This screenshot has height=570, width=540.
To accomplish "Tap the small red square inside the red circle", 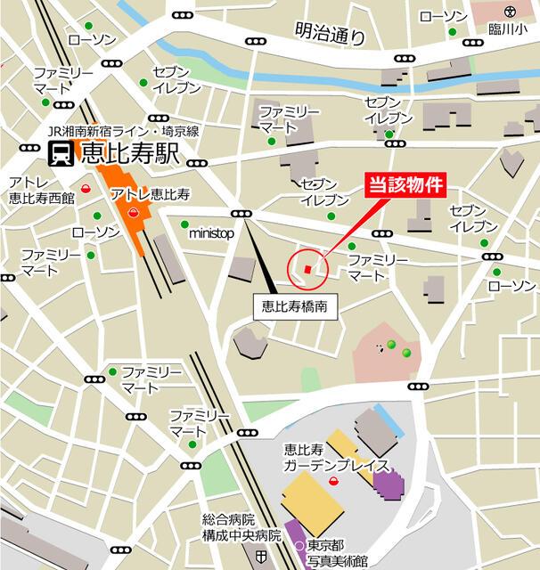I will [x=308, y=268].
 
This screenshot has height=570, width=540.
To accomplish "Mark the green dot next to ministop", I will [x=184, y=224].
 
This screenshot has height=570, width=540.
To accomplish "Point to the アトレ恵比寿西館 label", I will [x=41, y=191].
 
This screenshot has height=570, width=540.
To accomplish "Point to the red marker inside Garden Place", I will [x=333, y=481].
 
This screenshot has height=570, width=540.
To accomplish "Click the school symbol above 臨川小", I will [x=509, y=12].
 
